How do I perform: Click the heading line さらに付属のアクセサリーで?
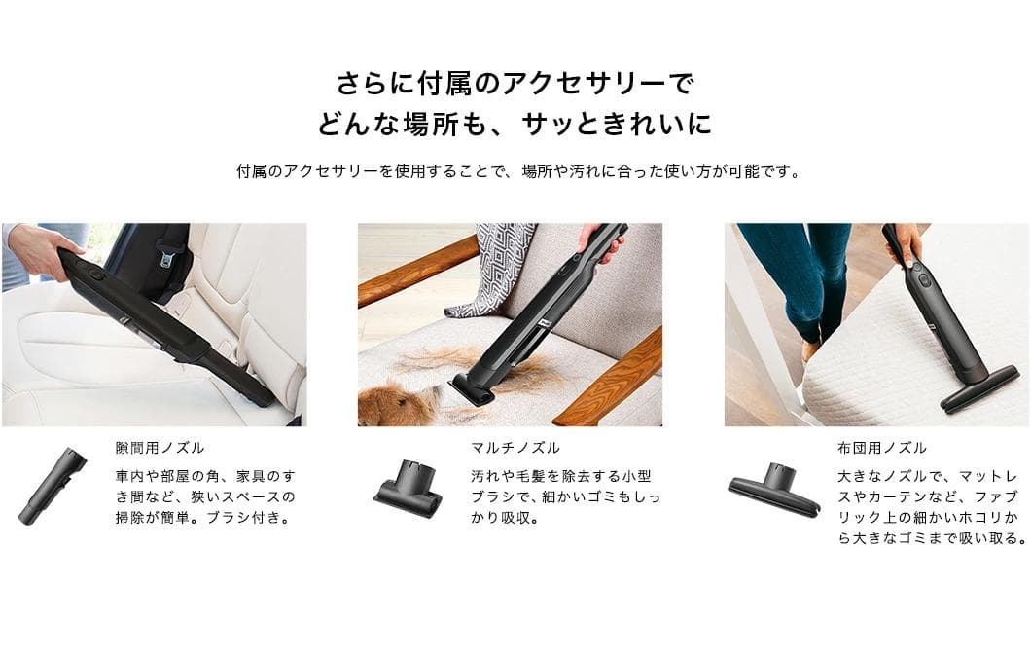(515, 83)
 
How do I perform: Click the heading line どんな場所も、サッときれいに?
(515, 125)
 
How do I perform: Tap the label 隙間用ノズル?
(160, 448)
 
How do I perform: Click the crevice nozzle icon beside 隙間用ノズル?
(52, 486)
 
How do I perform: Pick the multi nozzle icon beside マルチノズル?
(407, 486)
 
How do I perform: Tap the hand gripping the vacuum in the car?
(39, 249)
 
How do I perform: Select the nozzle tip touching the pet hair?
(474, 387)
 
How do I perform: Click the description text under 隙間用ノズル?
(204, 496)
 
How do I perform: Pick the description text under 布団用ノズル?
(928, 507)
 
